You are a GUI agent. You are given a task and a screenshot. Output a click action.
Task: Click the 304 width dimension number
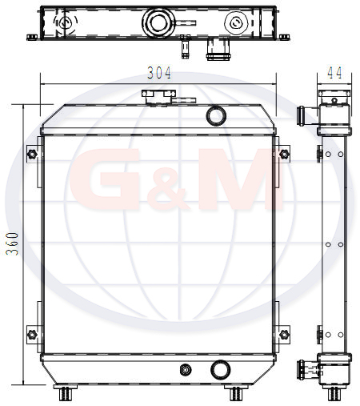159,73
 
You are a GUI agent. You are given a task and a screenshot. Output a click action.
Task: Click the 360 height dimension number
12,243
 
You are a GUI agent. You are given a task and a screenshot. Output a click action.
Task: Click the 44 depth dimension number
334,73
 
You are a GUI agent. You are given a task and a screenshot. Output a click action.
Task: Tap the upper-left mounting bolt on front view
33,154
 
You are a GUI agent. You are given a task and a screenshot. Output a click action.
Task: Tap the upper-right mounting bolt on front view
284,154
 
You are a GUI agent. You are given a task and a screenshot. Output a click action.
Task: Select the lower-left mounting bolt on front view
32,334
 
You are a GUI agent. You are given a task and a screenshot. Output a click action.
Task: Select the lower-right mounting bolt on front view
284,334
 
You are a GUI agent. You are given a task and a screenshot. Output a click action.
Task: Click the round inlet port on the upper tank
216,116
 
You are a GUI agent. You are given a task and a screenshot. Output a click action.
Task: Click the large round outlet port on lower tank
221,370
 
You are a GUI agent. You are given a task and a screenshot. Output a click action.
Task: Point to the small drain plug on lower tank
186,370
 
